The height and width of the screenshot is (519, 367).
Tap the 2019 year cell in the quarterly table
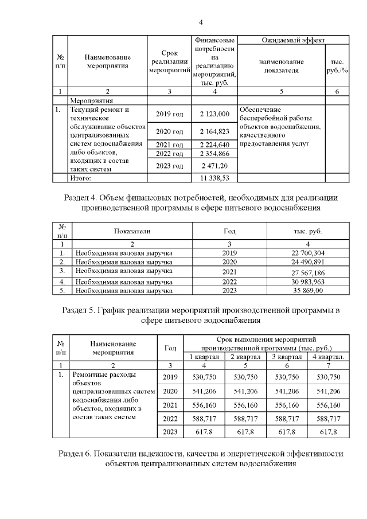tap(170, 377)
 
